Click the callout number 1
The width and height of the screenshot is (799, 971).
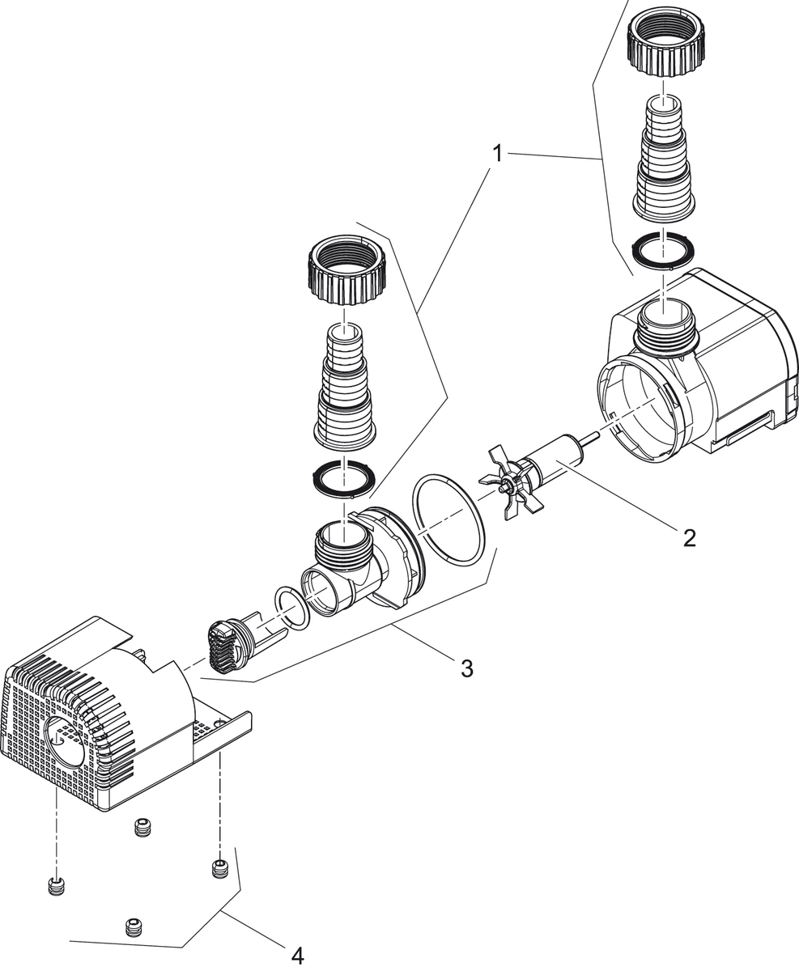[498, 153]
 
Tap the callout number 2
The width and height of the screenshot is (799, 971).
[689, 538]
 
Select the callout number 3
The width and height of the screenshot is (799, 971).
[466, 668]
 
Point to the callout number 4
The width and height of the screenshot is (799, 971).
[297, 956]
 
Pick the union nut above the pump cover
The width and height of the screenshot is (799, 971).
[347, 269]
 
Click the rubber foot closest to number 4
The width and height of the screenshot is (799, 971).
[219, 869]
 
